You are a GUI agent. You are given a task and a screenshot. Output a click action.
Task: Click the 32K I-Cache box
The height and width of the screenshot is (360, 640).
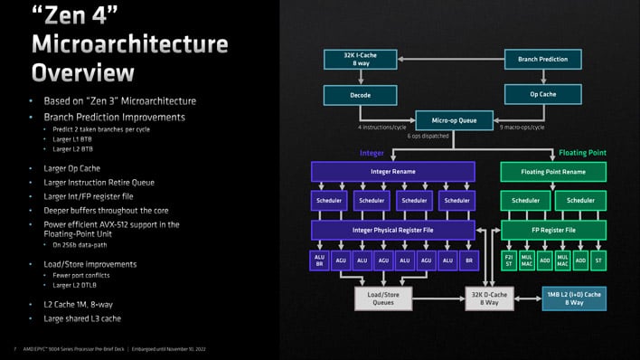coord(354,60)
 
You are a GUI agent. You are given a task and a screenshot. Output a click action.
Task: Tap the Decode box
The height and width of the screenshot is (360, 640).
coord(354,93)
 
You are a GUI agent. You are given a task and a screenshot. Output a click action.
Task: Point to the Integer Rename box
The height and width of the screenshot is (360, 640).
coord(393,171)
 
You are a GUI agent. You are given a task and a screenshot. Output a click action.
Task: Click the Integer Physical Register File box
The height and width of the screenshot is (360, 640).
coord(393,230)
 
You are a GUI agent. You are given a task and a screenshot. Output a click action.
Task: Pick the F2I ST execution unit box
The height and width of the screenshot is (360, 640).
coord(509,261)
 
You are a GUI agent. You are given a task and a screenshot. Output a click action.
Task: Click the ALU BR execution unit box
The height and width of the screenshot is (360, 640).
coord(319,261)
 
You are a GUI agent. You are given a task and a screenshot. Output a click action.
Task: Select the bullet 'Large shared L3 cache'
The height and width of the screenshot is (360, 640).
coord(82,318)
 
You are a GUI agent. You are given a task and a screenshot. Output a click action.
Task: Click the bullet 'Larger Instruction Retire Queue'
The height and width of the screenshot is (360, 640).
coord(99,183)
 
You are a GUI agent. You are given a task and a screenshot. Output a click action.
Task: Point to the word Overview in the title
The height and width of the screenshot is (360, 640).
coord(83,71)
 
